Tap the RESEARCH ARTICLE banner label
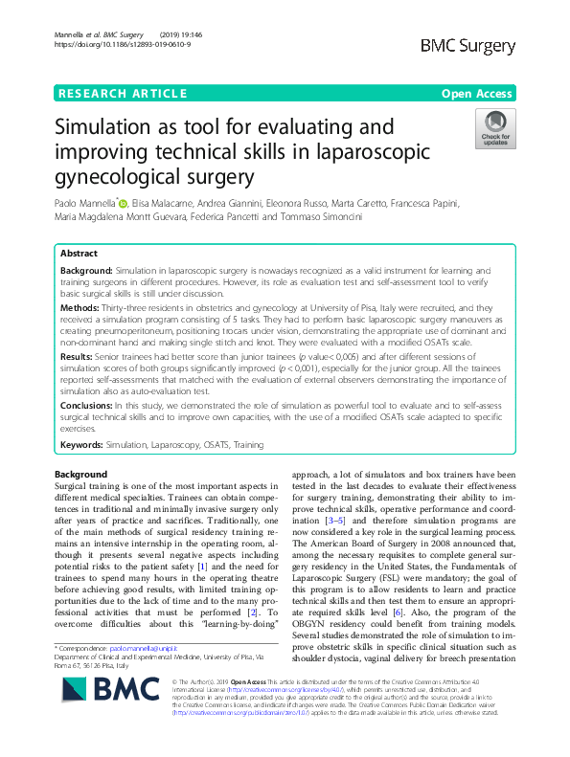[123, 94]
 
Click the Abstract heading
[79, 255]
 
